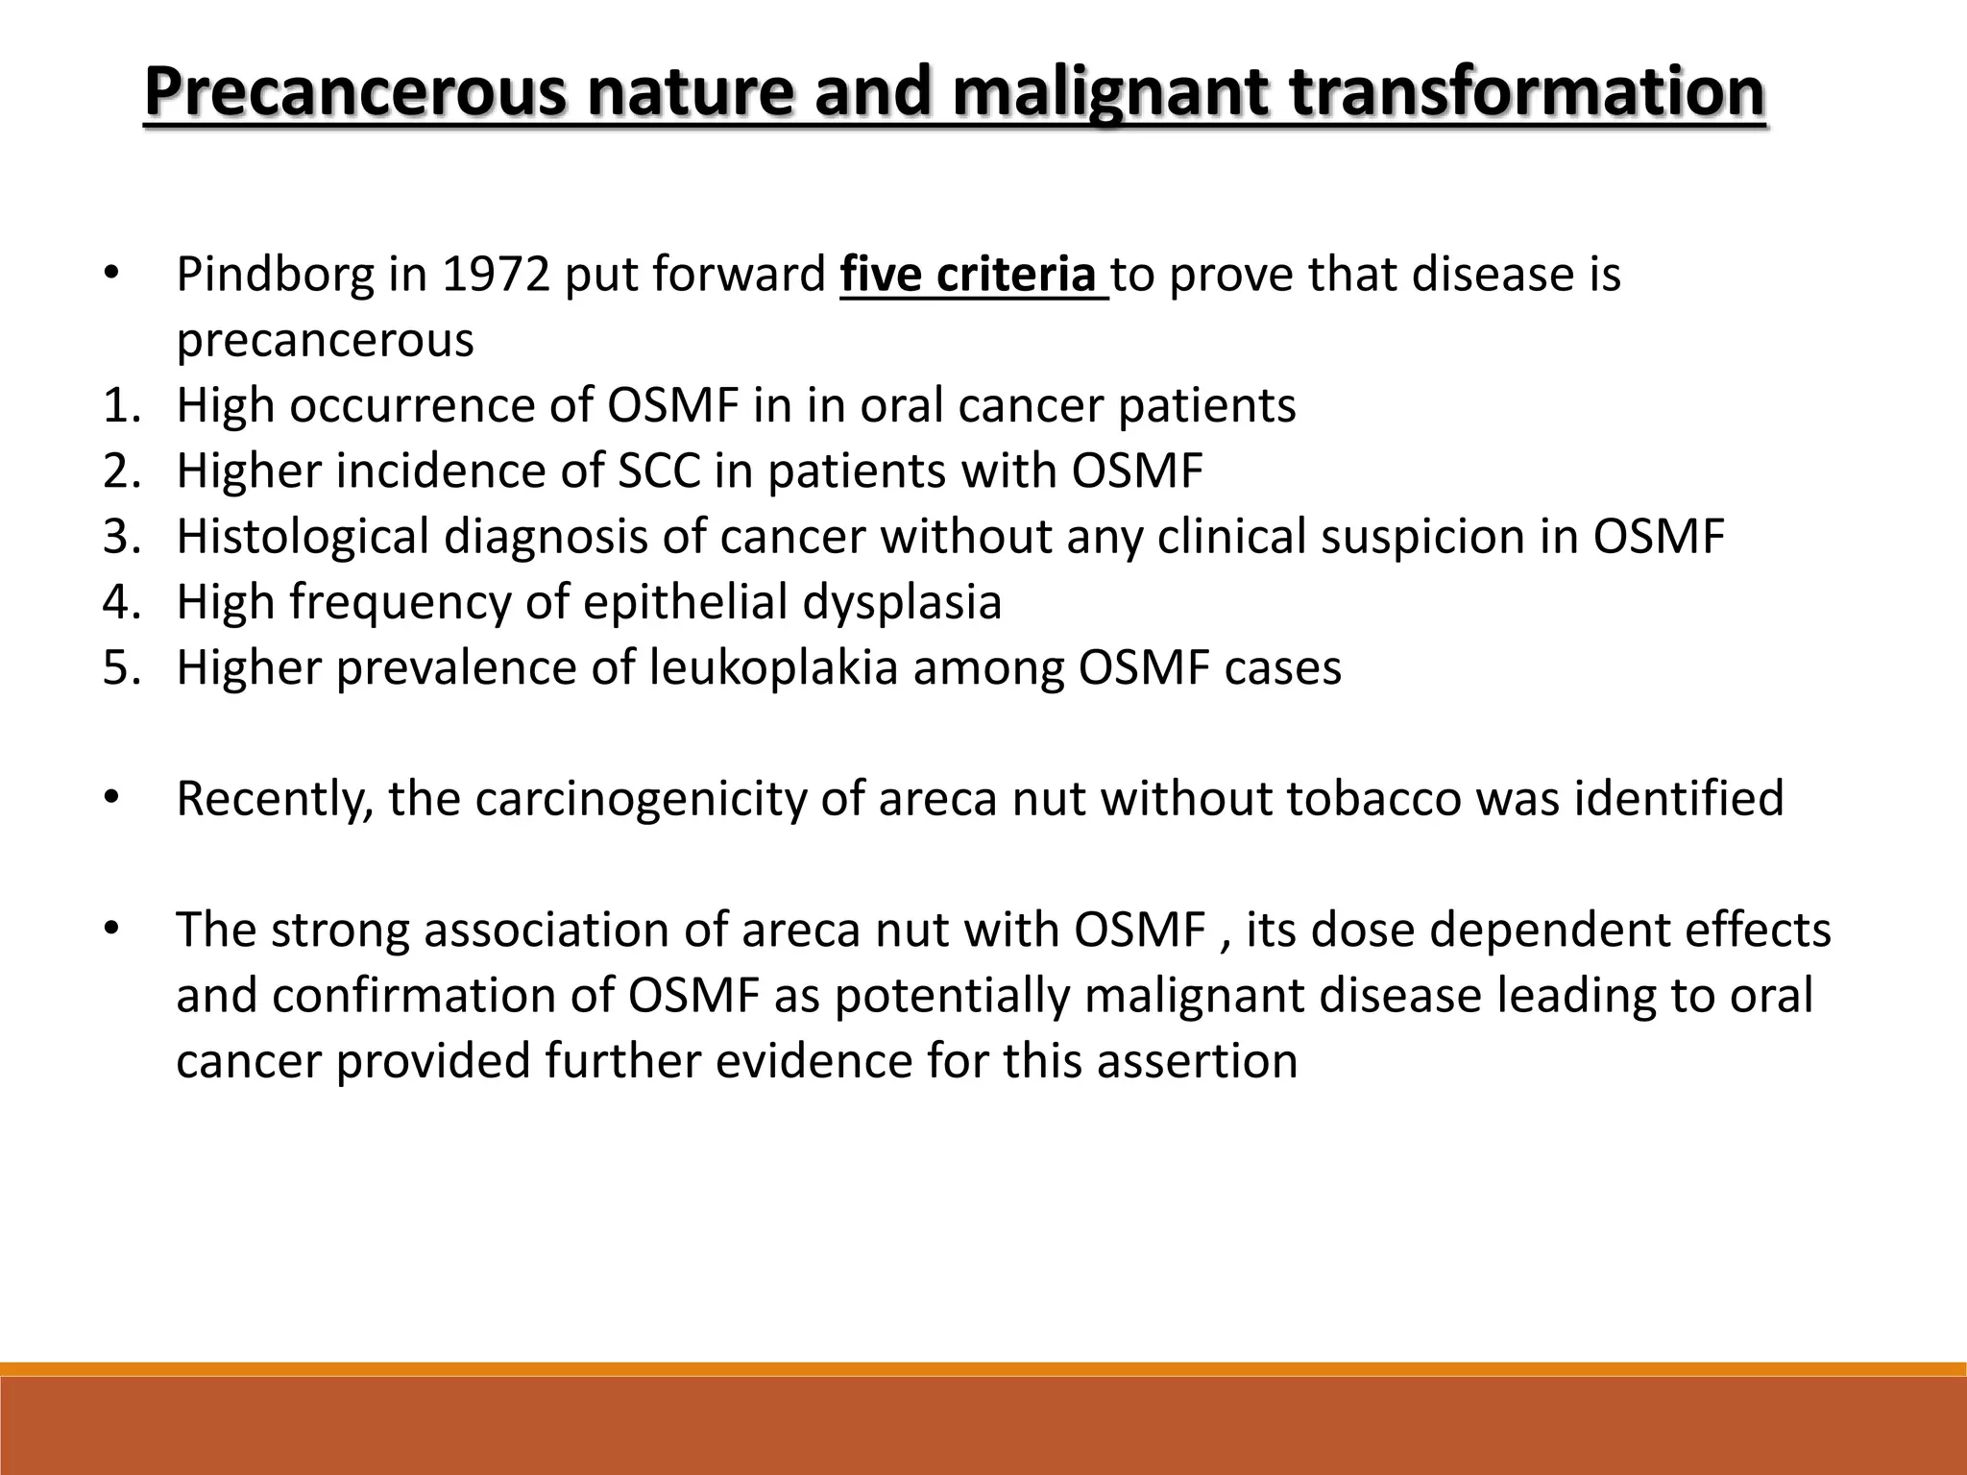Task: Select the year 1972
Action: (496, 276)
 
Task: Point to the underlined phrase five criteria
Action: (972, 276)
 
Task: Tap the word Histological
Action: (302, 537)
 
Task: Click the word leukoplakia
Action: (773, 667)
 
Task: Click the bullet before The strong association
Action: (111, 930)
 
